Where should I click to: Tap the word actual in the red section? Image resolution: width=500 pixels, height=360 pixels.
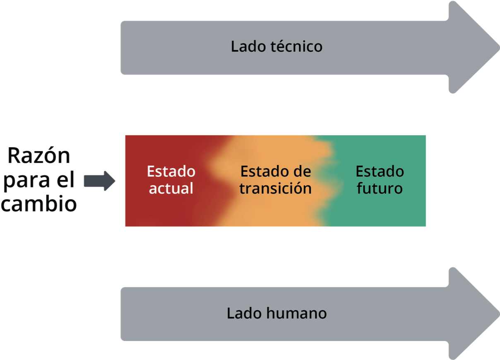point(171,189)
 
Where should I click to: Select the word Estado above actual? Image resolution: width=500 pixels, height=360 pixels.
point(171,171)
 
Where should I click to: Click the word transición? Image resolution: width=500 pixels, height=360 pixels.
point(275,189)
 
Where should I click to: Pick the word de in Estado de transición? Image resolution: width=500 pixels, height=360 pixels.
point(302,171)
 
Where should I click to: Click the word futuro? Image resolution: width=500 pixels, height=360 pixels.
point(380,189)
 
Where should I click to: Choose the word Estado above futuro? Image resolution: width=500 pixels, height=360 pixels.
point(380,171)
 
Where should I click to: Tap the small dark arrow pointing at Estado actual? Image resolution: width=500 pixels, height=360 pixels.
point(101,185)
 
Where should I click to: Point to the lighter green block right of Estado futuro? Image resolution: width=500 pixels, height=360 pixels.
point(463,180)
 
